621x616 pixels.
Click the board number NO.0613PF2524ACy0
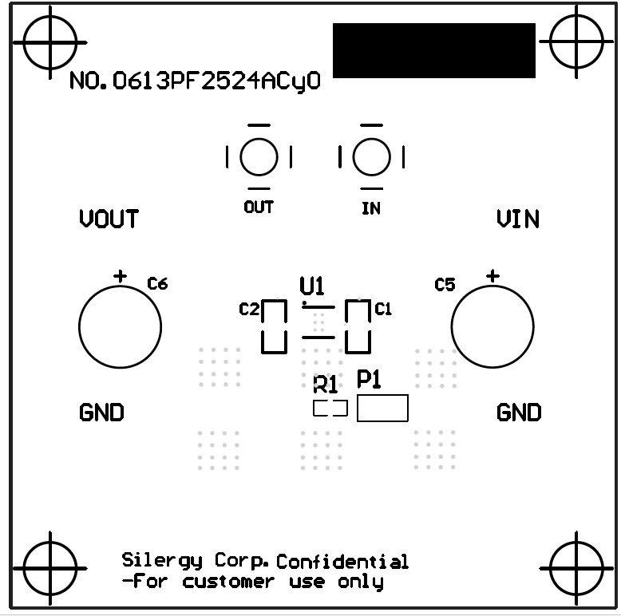pyautogui.click(x=195, y=81)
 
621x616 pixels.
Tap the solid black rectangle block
pyautogui.click(x=433, y=50)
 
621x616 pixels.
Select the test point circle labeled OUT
pyautogui.click(x=259, y=157)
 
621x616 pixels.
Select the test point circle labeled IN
pyautogui.click(x=370, y=157)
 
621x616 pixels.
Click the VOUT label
pyautogui.click(x=109, y=219)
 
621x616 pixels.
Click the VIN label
pyautogui.click(x=517, y=219)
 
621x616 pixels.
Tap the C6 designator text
pyautogui.click(x=157, y=283)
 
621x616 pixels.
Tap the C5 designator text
pyautogui.click(x=445, y=285)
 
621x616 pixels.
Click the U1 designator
pyautogui.click(x=311, y=286)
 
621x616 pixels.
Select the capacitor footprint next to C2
pyautogui.click(x=274, y=326)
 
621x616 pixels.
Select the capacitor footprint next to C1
pyautogui.click(x=357, y=326)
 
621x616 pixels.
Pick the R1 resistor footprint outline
pyautogui.click(x=330, y=409)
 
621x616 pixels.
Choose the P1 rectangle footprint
pyautogui.click(x=382, y=408)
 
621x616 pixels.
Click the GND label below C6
pyautogui.click(x=102, y=413)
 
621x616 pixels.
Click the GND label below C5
pyautogui.click(x=519, y=413)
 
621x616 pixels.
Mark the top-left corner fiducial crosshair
pyautogui.click(x=50, y=41)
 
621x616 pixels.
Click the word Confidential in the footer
pyautogui.click(x=342, y=562)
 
